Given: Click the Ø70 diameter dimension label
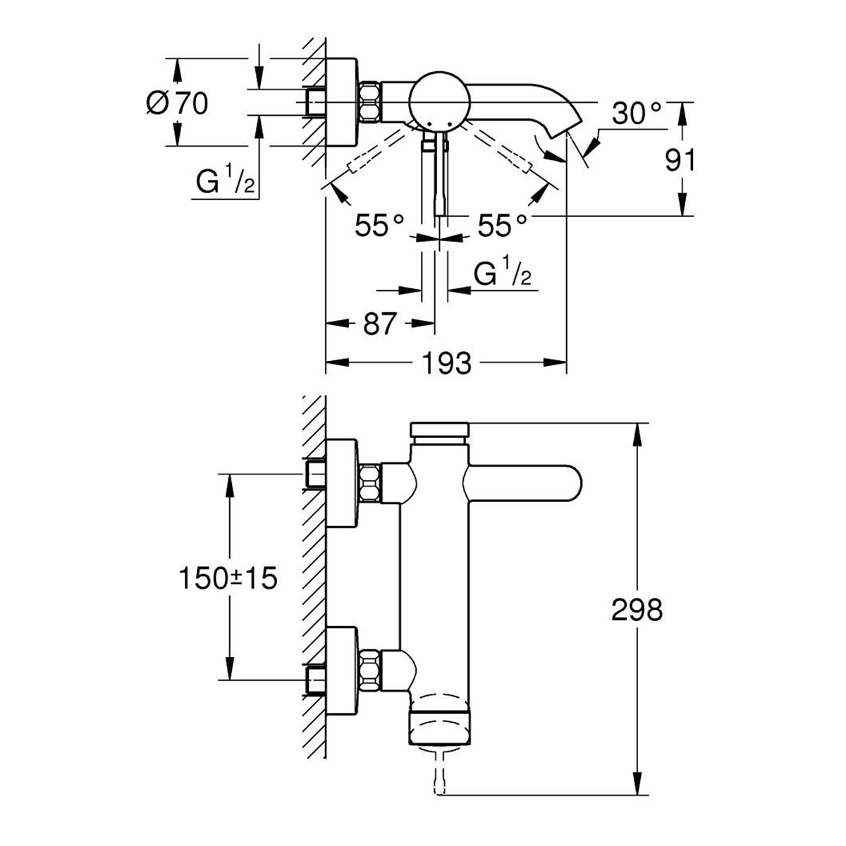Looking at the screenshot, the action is [x=177, y=104].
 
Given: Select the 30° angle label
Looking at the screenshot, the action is [x=637, y=114].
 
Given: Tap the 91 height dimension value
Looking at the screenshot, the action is [x=680, y=160].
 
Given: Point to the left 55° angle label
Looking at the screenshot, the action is [x=379, y=225].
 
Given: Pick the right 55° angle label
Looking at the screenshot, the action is [x=502, y=225].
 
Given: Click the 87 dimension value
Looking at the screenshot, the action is [x=380, y=324].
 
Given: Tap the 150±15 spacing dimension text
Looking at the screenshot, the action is [x=228, y=577].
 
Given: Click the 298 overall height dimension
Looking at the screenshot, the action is [x=637, y=610].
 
